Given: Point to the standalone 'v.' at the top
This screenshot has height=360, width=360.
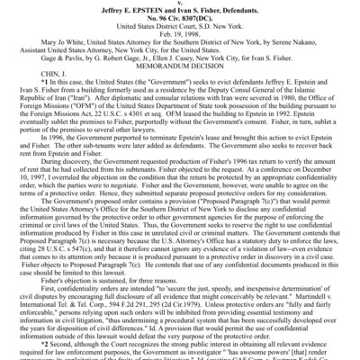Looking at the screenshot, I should tap(180, 3).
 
